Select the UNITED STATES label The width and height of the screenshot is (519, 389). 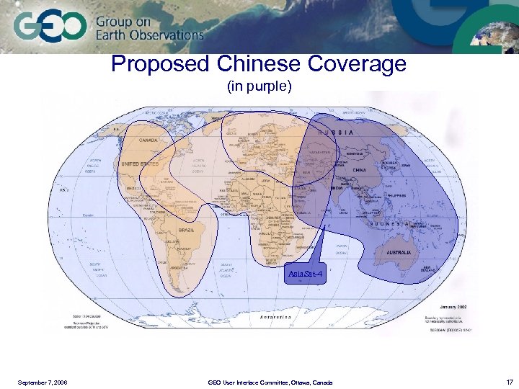pyautogui.click(x=140, y=164)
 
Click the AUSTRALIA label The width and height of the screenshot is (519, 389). pyautogui.click(x=398, y=253)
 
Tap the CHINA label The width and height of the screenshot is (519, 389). pyautogui.click(x=360, y=171)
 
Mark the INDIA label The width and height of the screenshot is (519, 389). pyautogui.click(x=337, y=189)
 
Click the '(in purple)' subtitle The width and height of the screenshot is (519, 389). pyautogui.click(x=259, y=86)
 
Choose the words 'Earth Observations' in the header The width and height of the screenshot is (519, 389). pyautogui.click(x=150, y=35)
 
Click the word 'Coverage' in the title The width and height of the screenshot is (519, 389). pyautogui.click(x=358, y=65)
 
